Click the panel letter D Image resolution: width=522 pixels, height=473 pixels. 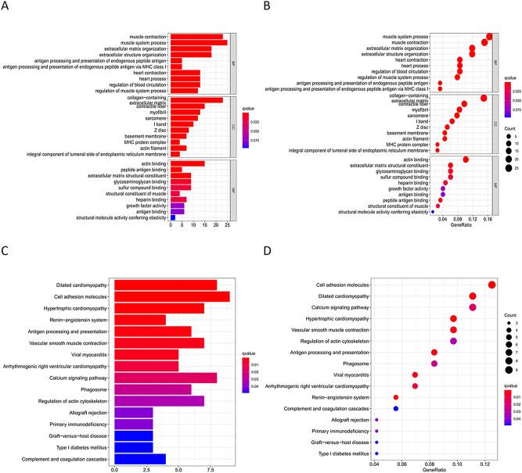[x=267, y=253]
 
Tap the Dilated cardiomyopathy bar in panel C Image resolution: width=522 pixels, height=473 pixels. [x=166, y=285]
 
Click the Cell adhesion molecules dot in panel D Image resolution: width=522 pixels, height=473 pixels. [x=491, y=285]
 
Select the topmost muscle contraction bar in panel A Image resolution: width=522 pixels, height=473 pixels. [x=196, y=36]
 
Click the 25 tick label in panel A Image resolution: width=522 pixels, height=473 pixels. [x=226, y=223]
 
